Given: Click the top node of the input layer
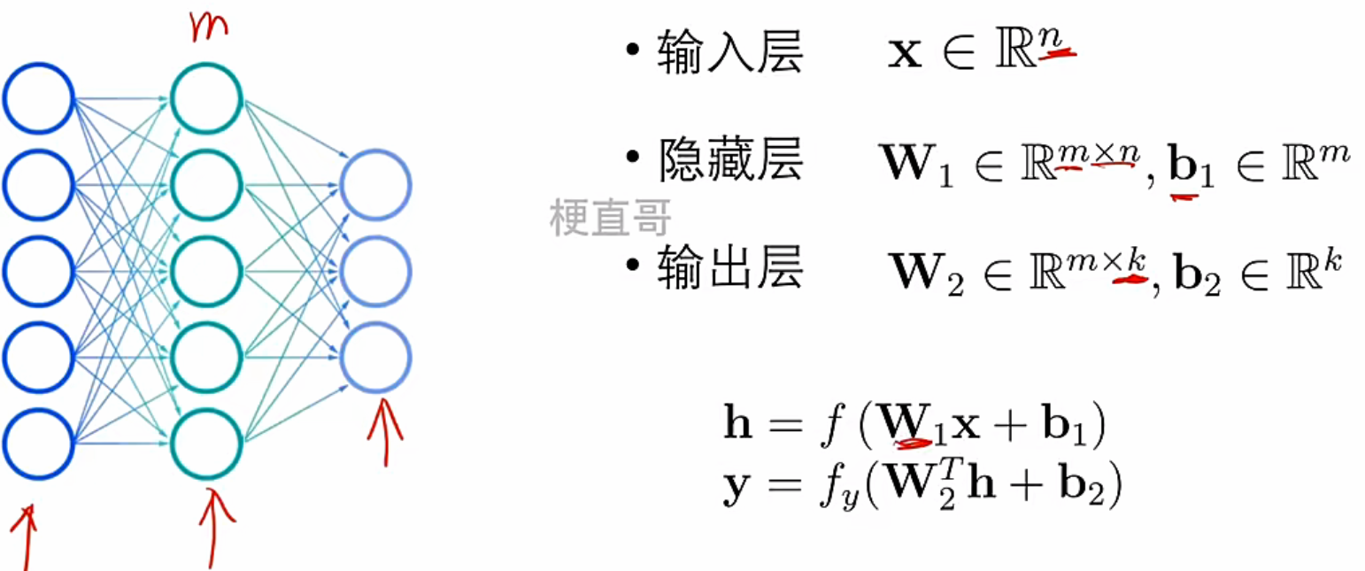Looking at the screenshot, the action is [x=37, y=97].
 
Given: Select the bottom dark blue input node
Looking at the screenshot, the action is [x=37, y=444].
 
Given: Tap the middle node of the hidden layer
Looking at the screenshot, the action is [x=206, y=271].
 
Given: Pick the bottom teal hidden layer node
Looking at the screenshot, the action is [x=206, y=444].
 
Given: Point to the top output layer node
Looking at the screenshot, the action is [x=375, y=185].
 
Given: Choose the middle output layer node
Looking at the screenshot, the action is [x=375, y=271].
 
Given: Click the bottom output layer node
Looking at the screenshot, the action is [x=375, y=357].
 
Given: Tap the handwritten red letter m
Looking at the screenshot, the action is [x=207, y=26].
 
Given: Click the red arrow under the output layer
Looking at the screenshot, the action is [x=384, y=431].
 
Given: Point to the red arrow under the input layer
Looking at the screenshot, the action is [x=27, y=540].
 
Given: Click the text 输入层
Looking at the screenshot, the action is [x=729, y=56].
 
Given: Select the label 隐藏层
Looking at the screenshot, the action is [x=729, y=161].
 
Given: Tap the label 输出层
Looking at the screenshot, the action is [x=729, y=269].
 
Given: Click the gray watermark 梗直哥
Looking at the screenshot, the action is [x=611, y=217].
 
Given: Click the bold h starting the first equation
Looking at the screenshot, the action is [x=738, y=428].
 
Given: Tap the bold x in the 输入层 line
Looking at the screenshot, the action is [x=906, y=56].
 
